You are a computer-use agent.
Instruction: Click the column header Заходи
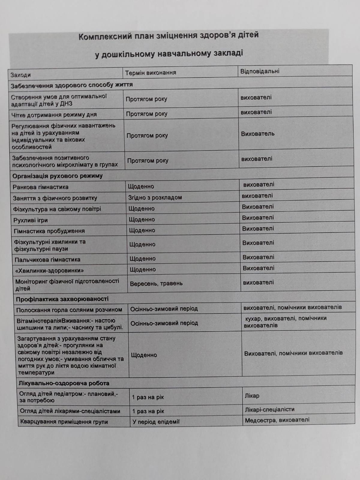pyautogui.click(x=21, y=75)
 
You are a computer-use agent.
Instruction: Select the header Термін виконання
pyautogui.click(x=150, y=73)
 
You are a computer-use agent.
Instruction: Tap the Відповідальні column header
pyautogui.click(x=260, y=71)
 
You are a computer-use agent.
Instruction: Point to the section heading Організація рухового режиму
pyautogui.click(x=57, y=176)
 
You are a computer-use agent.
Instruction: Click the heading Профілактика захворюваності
pyautogui.click(x=62, y=299)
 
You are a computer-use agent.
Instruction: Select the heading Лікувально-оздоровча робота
pyautogui.click(x=64, y=383)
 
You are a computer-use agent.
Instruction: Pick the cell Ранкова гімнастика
pyautogui.click(x=40, y=187)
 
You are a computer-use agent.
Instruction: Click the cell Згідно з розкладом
pyautogui.click(x=155, y=197)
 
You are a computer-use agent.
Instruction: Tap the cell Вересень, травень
pyautogui.click(x=156, y=283)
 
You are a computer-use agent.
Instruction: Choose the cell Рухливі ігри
pyautogui.click(x=31, y=220)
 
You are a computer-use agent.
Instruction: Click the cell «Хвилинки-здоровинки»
pyautogui.click(x=49, y=270)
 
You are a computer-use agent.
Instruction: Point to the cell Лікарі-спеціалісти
pyautogui.click(x=269, y=409)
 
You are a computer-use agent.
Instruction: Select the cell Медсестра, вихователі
pyautogui.click(x=277, y=420)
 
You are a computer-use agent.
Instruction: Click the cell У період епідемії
pyautogui.click(x=156, y=422)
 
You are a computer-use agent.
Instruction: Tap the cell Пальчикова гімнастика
pyautogui.click(x=47, y=259)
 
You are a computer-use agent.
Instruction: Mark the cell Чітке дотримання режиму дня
pyautogui.click(x=54, y=115)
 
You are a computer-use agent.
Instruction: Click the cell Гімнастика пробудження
pyautogui.click(x=49, y=231)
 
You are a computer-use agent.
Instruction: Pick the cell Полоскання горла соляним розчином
pyautogui.click(x=69, y=310)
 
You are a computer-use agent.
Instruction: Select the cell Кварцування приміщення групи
pyautogui.click(x=64, y=422)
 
